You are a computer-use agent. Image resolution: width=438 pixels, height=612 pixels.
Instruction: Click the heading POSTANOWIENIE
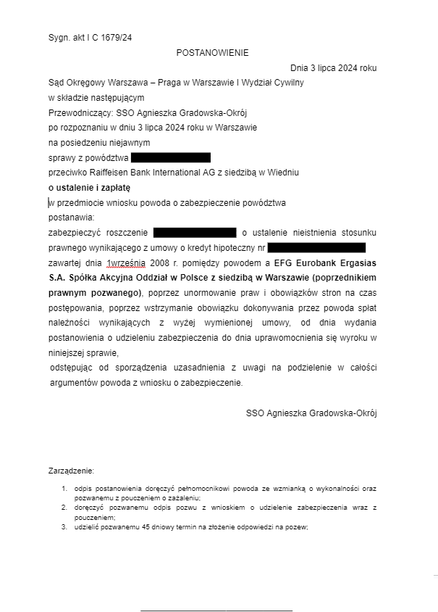(x=212, y=53)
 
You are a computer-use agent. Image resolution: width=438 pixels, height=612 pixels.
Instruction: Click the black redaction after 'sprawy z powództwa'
(x=171, y=157)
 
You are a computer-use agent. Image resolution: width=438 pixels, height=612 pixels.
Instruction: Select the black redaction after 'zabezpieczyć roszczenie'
(x=195, y=233)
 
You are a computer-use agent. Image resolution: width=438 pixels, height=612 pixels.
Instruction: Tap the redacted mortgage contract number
(x=316, y=248)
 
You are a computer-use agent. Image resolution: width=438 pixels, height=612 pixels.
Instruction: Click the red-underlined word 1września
(x=126, y=262)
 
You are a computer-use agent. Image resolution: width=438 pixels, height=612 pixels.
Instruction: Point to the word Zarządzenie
(x=71, y=471)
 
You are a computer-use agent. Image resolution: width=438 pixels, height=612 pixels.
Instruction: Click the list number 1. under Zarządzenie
(x=64, y=489)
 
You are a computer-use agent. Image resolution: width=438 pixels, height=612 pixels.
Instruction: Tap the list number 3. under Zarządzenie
(x=64, y=527)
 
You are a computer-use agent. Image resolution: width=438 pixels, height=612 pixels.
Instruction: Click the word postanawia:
(x=72, y=218)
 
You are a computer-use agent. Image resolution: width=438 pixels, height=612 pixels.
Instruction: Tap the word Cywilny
(x=288, y=83)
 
